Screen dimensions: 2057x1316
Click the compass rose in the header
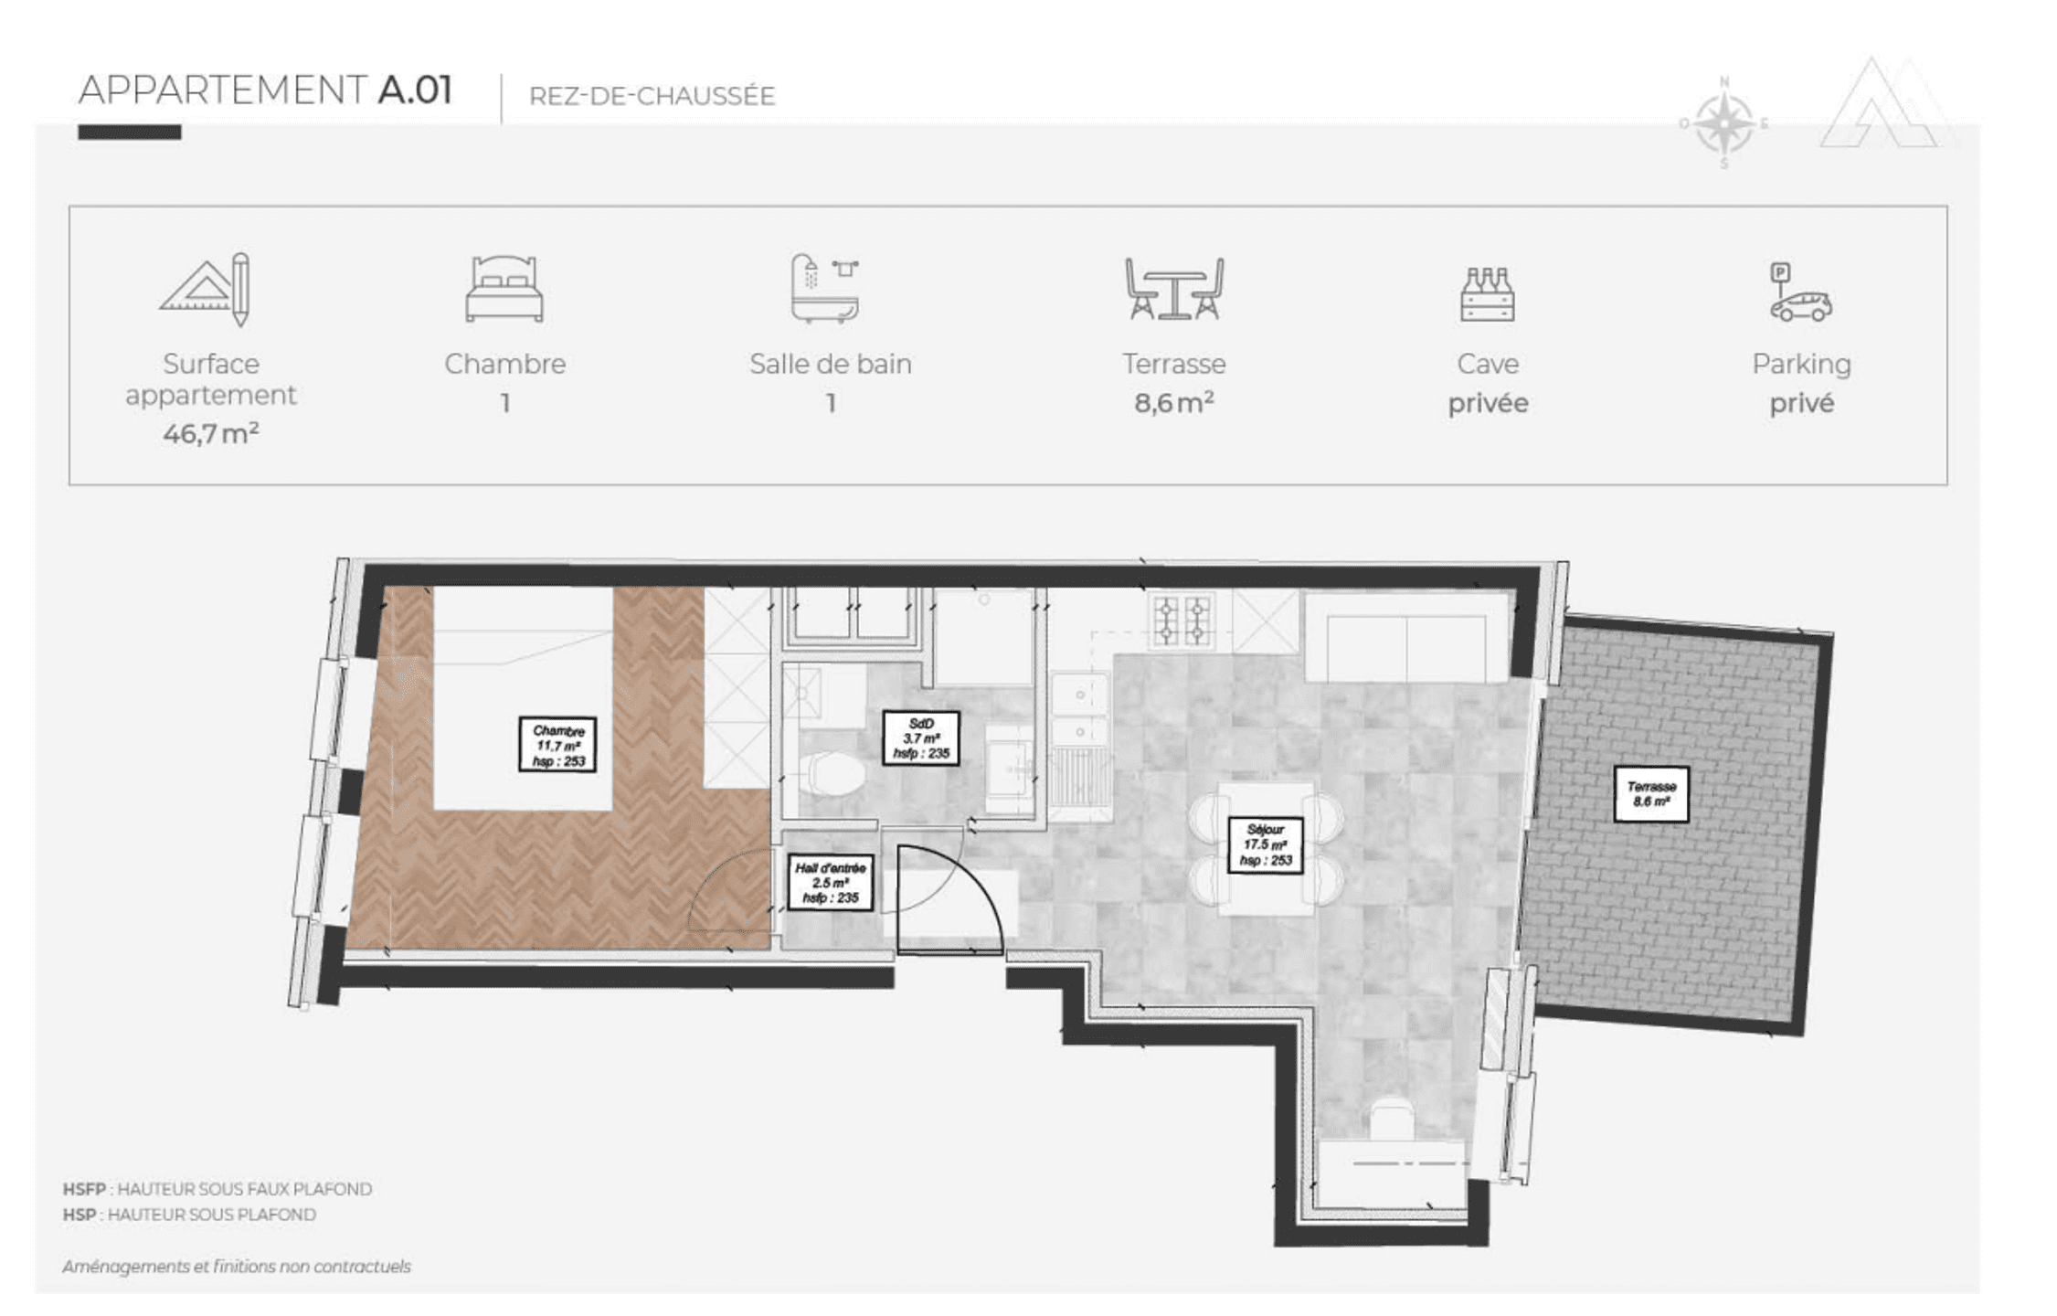[x=1723, y=124]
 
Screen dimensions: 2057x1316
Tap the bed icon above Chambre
[x=504, y=289]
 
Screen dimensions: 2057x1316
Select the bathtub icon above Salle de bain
[x=825, y=288]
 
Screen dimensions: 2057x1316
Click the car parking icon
[x=1800, y=292]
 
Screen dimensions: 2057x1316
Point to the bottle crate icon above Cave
[x=1487, y=294]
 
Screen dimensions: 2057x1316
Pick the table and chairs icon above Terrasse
[x=1174, y=289]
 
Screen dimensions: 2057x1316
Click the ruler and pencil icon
[x=206, y=289]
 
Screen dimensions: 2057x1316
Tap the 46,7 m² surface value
[x=211, y=433]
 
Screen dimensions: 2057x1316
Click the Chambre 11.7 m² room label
[x=557, y=745]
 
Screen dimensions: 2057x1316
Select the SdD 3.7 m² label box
[x=921, y=738]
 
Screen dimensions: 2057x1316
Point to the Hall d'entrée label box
[x=830, y=883]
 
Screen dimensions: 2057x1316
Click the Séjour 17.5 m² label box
[x=1266, y=845]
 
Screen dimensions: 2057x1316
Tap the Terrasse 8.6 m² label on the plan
[x=1651, y=793]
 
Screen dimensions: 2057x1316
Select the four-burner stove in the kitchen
[x=1182, y=621]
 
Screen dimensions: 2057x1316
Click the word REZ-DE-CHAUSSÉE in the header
[x=652, y=96]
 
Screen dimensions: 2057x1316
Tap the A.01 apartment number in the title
[x=416, y=90]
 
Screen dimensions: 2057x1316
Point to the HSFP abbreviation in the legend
[x=83, y=1189]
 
